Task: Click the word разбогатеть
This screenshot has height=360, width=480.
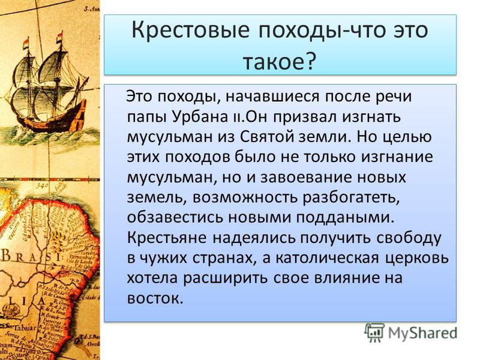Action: click(352, 198)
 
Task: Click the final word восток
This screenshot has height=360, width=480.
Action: click(155, 298)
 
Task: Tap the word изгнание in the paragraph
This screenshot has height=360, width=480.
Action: click(397, 157)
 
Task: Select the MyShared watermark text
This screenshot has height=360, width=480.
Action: click(422, 333)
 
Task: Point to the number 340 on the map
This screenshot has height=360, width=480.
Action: click(41, 185)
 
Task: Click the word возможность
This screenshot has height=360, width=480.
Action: click(245, 198)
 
